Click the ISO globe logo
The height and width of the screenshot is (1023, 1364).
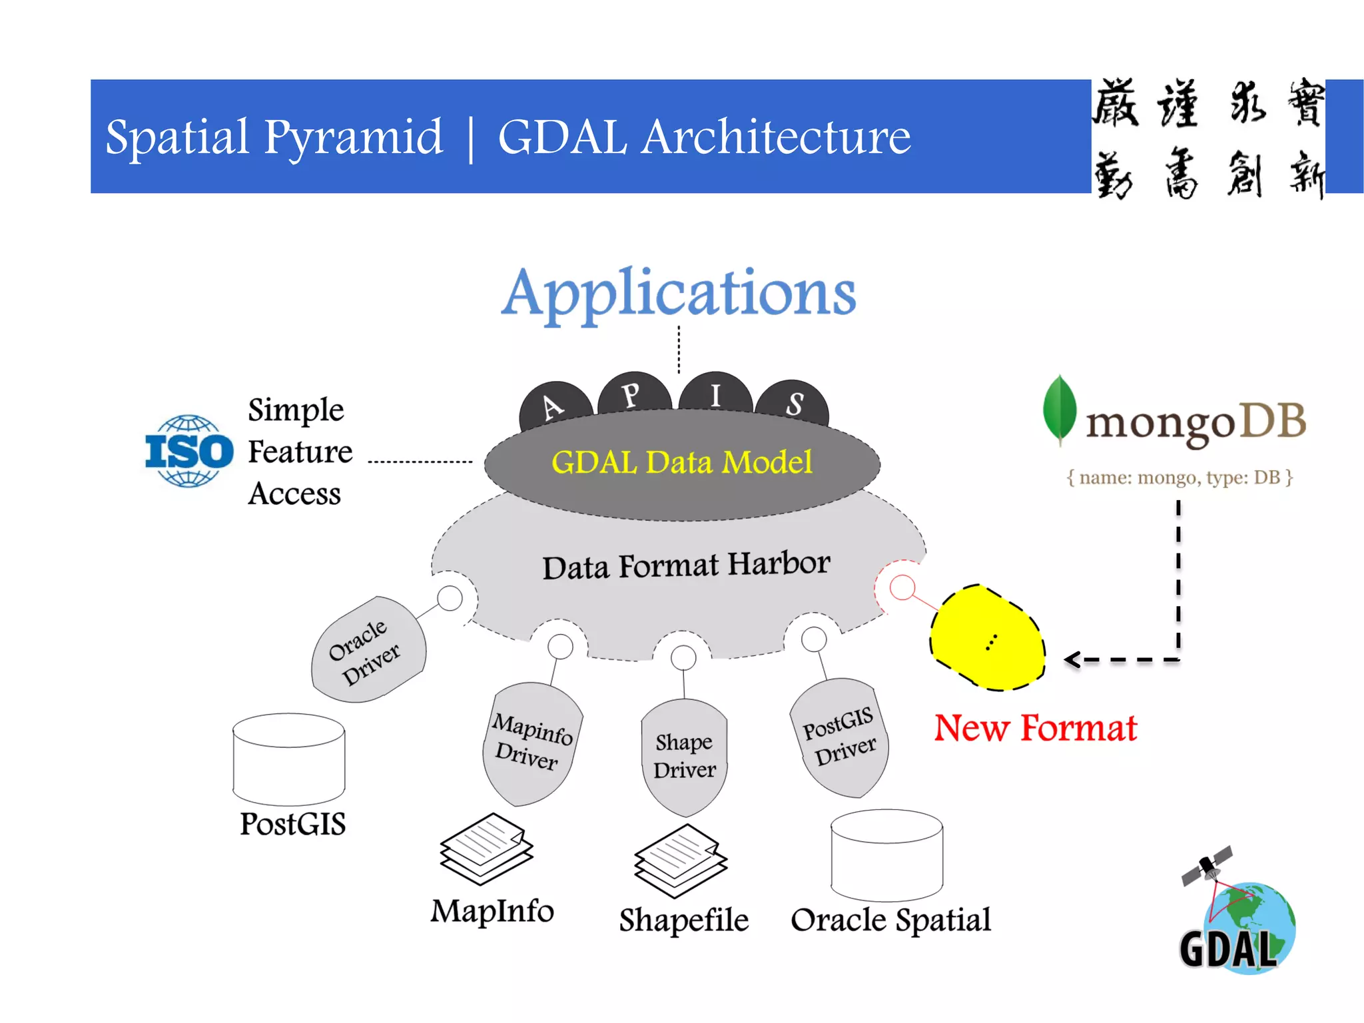point(189,451)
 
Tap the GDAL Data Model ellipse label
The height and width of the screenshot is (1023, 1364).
point(681,462)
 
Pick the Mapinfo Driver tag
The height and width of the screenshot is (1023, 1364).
point(531,742)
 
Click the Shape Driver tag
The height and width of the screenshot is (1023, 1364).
point(684,756)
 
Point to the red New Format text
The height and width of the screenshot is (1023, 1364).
point(1035,728)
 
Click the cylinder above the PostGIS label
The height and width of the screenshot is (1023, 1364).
point(288,759)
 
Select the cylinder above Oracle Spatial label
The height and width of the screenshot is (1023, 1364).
point(886,855)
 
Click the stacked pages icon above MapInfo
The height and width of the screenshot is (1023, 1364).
point(486,849)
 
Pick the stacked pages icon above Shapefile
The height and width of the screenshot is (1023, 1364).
point(680,860)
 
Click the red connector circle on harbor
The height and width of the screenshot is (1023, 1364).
point(902,587)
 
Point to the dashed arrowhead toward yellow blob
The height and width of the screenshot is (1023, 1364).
point(1072,660)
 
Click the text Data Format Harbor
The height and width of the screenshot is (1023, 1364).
point(686,565)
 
